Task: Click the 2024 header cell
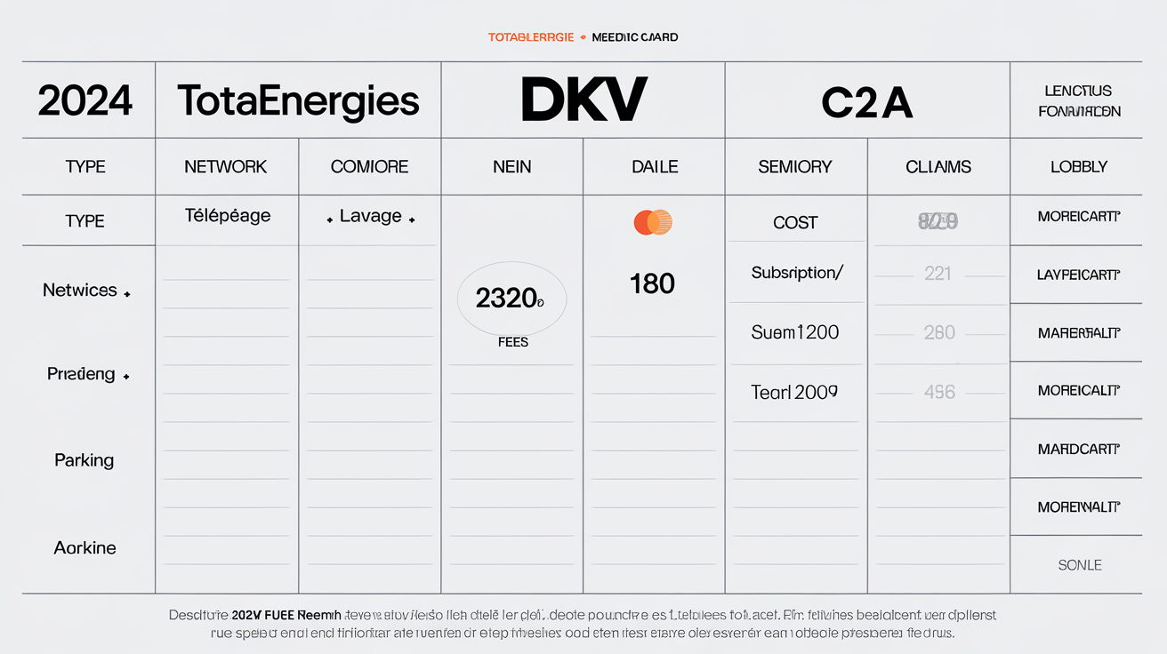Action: (x=85, y=101)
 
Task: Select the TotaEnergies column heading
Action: (x=298, y=101)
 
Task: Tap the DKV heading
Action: (x=583, y=100)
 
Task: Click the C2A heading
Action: (x=867, y=103)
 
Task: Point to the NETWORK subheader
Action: (x=226, y=167)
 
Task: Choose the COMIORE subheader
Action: (x=369, y=167)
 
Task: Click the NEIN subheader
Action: (x=511, y=167)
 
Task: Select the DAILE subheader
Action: (x=655, y=167)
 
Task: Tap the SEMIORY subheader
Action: (x=795, y=167)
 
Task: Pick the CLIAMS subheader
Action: (x=938, y=167)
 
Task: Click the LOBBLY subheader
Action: (x=1078, y=167)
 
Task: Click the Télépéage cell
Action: (x=228, y=216)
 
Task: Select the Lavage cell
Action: (x=370, y=217)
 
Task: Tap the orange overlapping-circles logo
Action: (x=653, y=222)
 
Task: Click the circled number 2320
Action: (x=511, y=299)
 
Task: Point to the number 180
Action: (x=652, y=284)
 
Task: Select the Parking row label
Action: (x=85, y=460)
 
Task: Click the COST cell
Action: (x=795, y=223)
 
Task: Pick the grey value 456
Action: (x=939, y=392)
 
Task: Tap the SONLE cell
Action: (x=1080, y=565)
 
